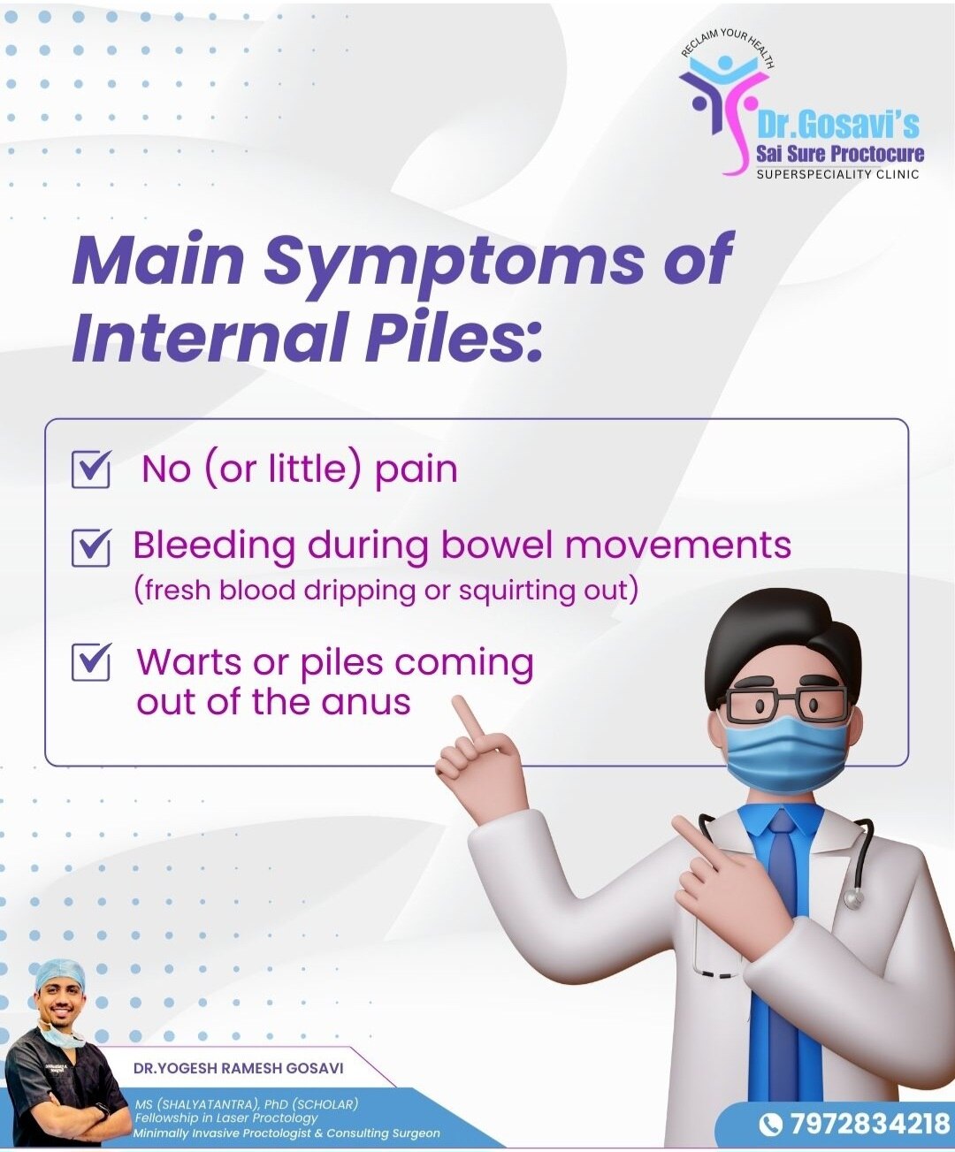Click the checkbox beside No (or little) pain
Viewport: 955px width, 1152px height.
tap(90, 469)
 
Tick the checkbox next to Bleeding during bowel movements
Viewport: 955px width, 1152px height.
tap(90, 547)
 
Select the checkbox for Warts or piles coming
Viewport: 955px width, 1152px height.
tap(90, 661)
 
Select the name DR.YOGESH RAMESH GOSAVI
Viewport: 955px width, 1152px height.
tap(239, 1068)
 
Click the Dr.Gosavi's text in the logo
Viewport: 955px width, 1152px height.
tap(837, 126)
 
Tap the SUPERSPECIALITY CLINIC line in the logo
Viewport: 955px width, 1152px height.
tap(837, 175)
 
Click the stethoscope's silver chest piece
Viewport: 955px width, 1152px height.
tap(853, 899)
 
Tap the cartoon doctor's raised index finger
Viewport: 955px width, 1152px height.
tap(468, 716)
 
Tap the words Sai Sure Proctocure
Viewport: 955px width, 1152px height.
tap(840, 154)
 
